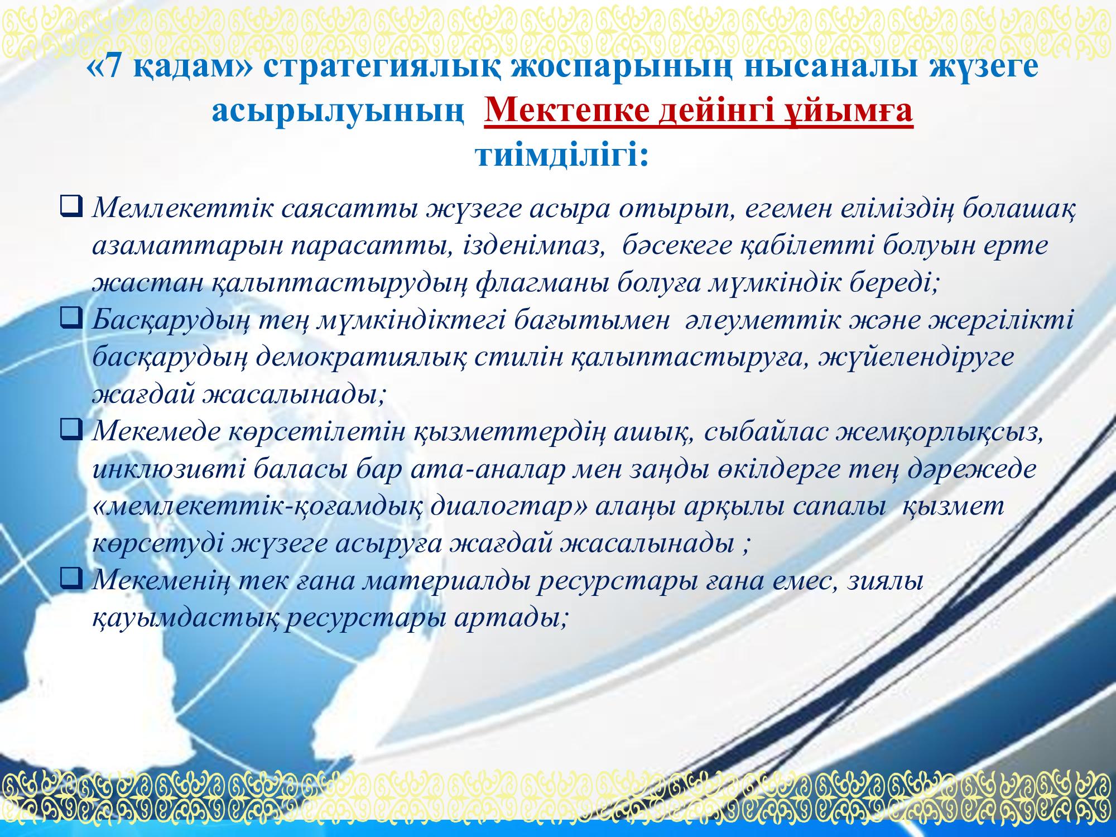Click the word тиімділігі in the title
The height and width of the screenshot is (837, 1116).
(x=561, y=153)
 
